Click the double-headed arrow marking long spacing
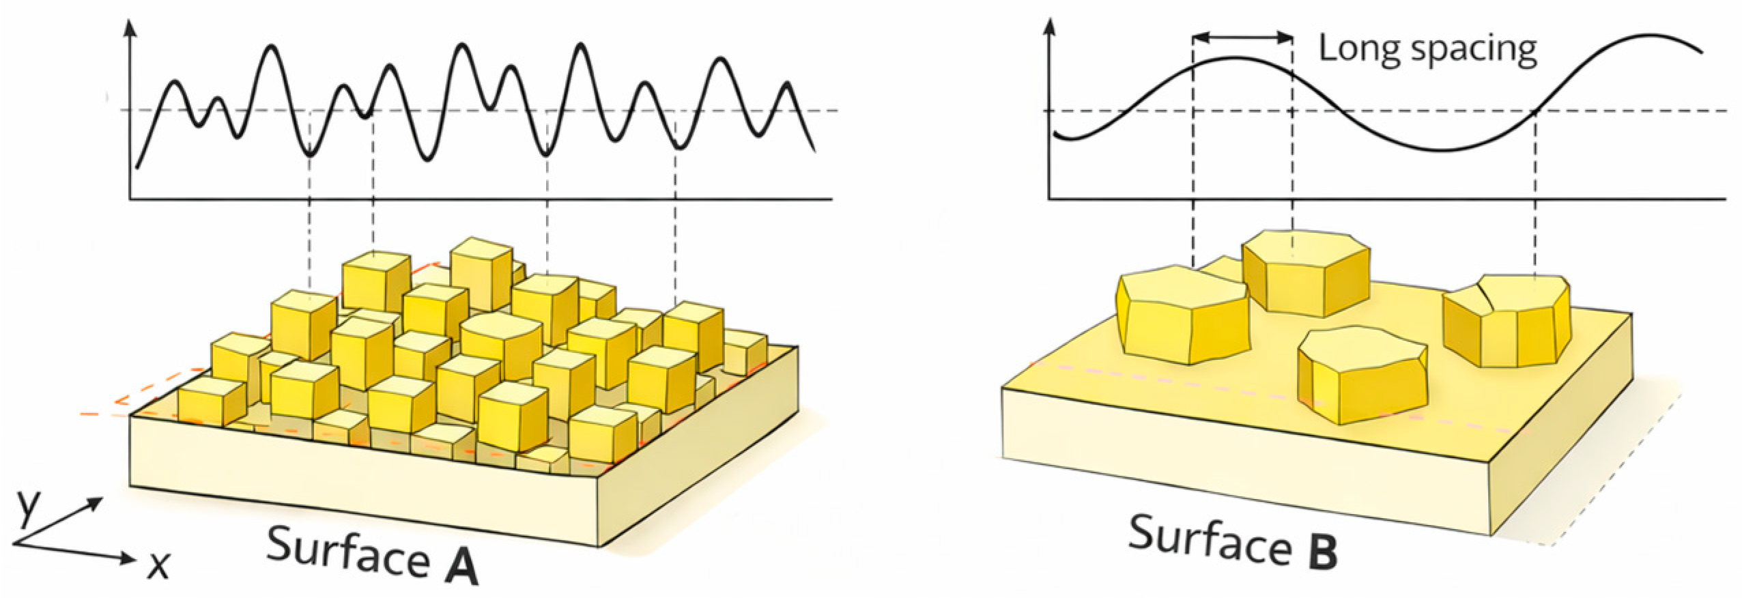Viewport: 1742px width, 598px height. (1242, 38)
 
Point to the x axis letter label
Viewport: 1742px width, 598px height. (158, 564)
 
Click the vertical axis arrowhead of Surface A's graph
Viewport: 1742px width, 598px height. (130, 27)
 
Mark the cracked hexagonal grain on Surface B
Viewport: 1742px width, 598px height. (1507, 319)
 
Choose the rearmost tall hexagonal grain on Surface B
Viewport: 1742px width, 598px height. (1305, 272)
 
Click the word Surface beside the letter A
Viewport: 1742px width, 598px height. (347, 552)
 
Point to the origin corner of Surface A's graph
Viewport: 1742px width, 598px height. (130, 199)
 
